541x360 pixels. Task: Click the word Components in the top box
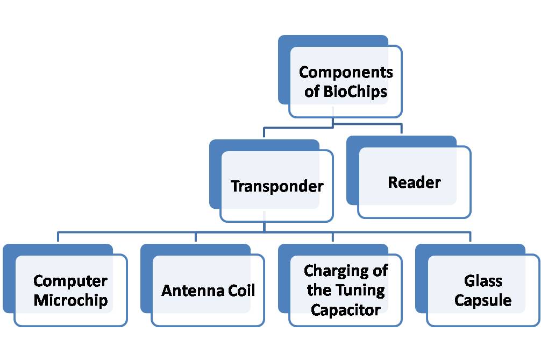click(346, 72)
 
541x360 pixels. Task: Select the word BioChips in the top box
click(355, 91)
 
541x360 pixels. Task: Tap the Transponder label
click(277, 186)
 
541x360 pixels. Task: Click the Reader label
click(414, 182)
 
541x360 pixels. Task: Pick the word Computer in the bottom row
click(70, 281)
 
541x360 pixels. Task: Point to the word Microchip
click(70, 300)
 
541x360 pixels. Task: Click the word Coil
click(240, 291)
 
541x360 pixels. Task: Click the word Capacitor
click(346, 310)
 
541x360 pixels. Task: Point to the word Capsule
click(483, 300)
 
